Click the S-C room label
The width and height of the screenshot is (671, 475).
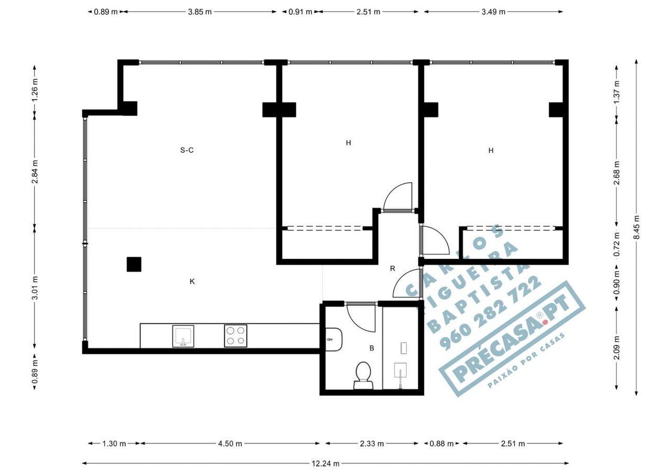coord(187,150)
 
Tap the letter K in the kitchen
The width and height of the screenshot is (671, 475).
coord(192,281)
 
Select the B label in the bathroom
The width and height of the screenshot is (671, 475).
coord(372,348)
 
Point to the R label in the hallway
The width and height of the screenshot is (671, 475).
coord(393,268)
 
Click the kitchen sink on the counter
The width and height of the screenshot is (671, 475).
coord(183,336)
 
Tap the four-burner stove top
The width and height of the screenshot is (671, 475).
coord(235,336)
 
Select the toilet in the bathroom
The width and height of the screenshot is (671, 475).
coord(363,375)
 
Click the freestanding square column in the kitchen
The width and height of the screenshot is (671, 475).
coord(134,264)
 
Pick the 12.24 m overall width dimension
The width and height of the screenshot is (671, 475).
coord(326,463)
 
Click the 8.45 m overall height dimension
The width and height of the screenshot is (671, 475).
coord(636,227)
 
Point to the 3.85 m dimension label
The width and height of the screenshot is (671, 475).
coord(200,12)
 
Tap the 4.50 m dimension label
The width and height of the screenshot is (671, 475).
coord(230,444)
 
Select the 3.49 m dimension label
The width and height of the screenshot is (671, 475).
coord(493,12)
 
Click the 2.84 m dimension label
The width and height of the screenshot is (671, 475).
coord(35,172)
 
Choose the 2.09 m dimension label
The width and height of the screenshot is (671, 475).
coord(616,348)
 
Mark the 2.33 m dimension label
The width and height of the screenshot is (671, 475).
coord(372,444)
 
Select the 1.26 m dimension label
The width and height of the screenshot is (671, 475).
coord(35,90)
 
